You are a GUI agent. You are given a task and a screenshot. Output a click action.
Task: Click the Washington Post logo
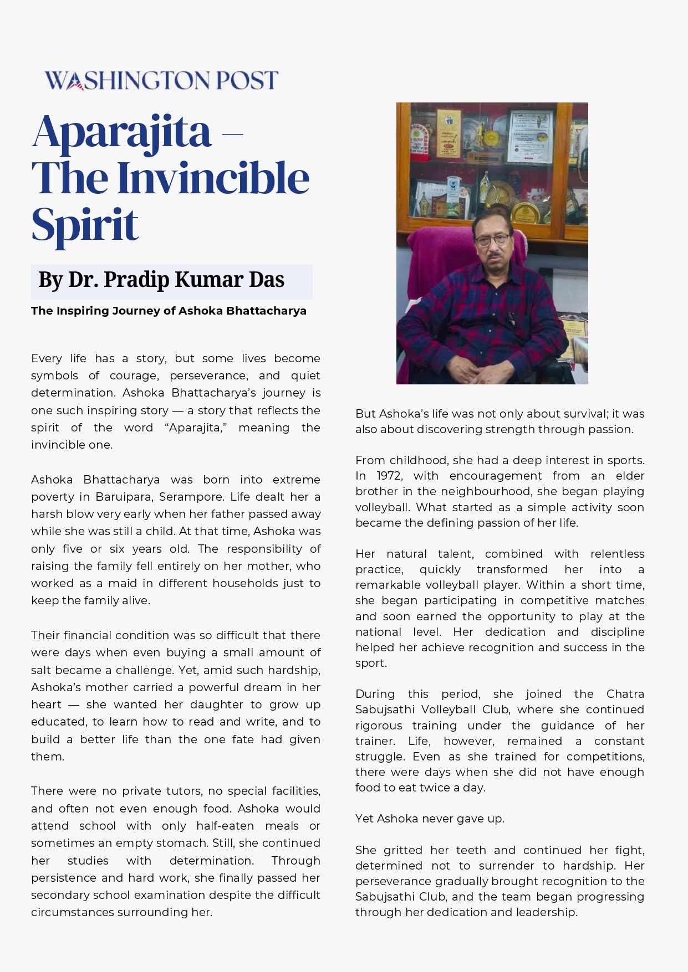(x=161, y=80)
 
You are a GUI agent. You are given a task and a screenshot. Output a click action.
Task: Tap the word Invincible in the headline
(x=213, y=178)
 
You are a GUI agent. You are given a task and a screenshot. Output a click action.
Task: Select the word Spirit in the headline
(x=84, y=225)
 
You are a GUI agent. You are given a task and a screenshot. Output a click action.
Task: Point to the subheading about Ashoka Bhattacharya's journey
(x=169, y=311)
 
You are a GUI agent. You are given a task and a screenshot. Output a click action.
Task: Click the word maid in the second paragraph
(x=109, y=583)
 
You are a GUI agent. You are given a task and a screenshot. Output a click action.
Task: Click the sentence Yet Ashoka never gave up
(x=430, y=819)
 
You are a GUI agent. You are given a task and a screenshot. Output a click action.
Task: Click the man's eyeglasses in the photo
(x=492, y=240)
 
